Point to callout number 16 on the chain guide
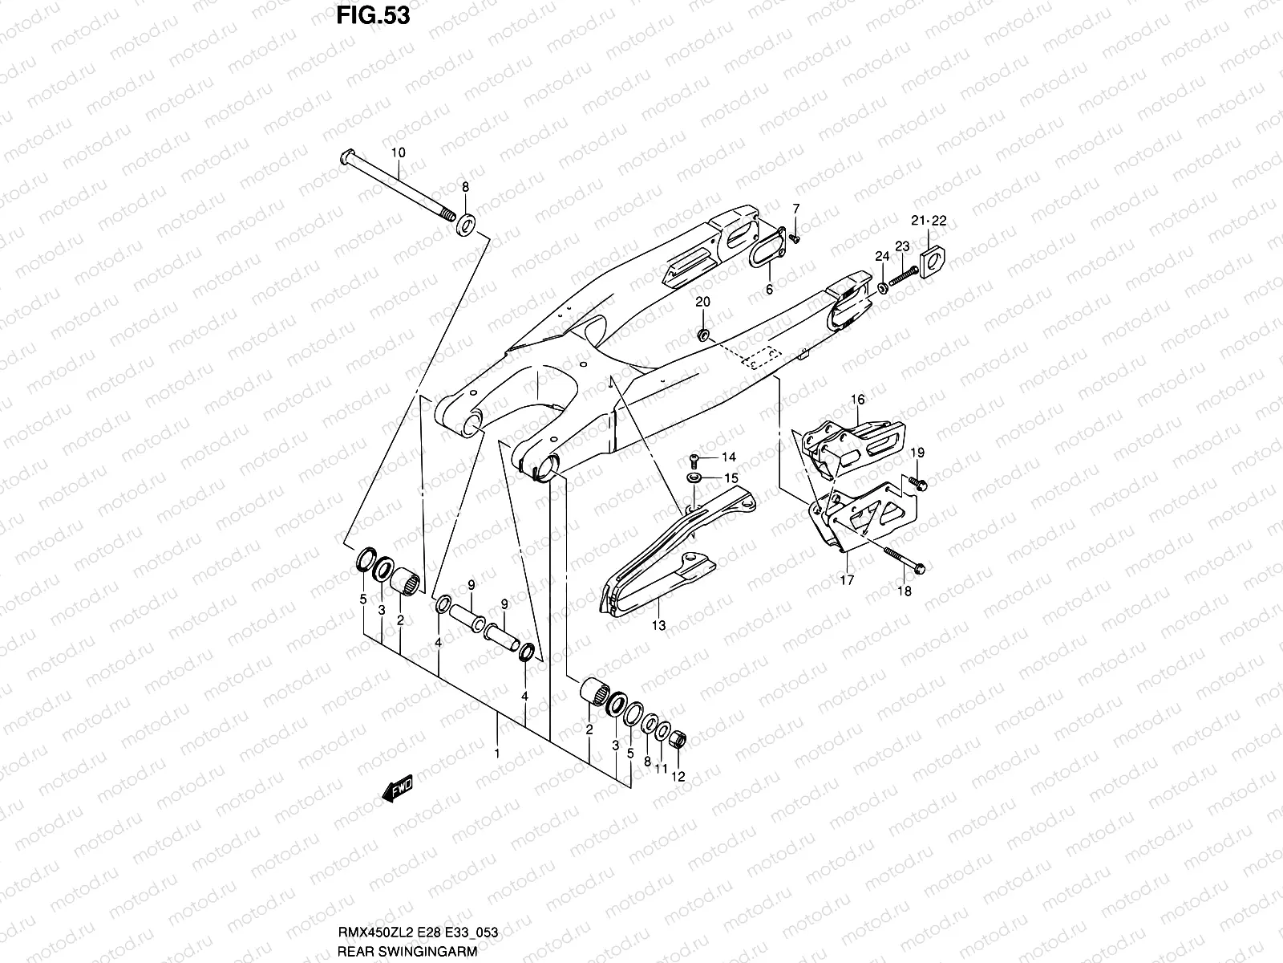pyautogui.click(x=857, y=400)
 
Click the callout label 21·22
pyautogui.click(x=929, y=221)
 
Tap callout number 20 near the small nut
pyautogui.click(x=702, y=302)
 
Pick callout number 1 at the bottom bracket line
pyautogui.click(x=497, y=754)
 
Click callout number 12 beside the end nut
pyautogui.click(x=678, y=776)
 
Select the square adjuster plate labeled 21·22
pyautogui.click(x=933, y=262)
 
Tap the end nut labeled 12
pyautogui.click(x=678, y=738)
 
